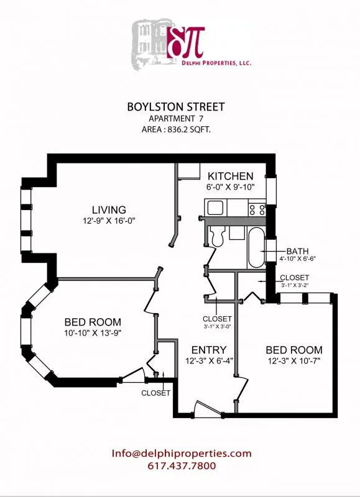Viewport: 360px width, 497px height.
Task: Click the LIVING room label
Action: (x=109, y=209)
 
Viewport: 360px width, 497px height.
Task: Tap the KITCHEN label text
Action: (x=230, y=176)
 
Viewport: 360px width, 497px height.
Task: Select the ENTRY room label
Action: (x=208, y=350)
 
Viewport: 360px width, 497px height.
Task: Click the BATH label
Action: (x=297, y=251)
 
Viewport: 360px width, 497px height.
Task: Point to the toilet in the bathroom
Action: (x=218, y=236)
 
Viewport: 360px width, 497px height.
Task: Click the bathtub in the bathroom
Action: (x=256, y=247)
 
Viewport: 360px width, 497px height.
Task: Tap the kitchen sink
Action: (x=216, y=208)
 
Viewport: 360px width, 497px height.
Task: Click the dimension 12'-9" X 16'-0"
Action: (x=109, y=221)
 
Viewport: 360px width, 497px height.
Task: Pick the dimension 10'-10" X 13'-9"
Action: (x=93, y=333)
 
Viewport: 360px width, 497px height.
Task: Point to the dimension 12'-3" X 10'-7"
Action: (x=294, y=360)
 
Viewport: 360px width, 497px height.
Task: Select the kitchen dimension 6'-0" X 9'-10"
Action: (x=231, y=187)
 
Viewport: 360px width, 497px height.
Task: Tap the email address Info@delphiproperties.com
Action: (x=182, y=454)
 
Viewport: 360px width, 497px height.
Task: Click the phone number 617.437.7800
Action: (x=181, y=466)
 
